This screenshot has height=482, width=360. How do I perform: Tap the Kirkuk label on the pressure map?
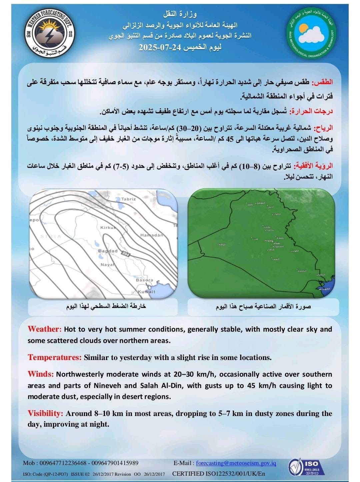108,227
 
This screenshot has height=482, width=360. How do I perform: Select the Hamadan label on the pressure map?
152,235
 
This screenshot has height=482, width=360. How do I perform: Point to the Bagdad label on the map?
108,251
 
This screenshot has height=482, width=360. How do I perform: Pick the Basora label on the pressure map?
144,280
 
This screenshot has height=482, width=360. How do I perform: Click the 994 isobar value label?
126,254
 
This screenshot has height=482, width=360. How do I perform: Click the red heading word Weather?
45,329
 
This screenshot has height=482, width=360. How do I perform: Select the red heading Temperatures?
55,357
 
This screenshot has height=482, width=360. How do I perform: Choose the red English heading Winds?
41,374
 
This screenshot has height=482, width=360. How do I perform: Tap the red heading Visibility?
45,413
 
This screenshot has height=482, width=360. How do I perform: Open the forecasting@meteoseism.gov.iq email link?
236,463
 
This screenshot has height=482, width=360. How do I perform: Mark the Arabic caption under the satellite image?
263,306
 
